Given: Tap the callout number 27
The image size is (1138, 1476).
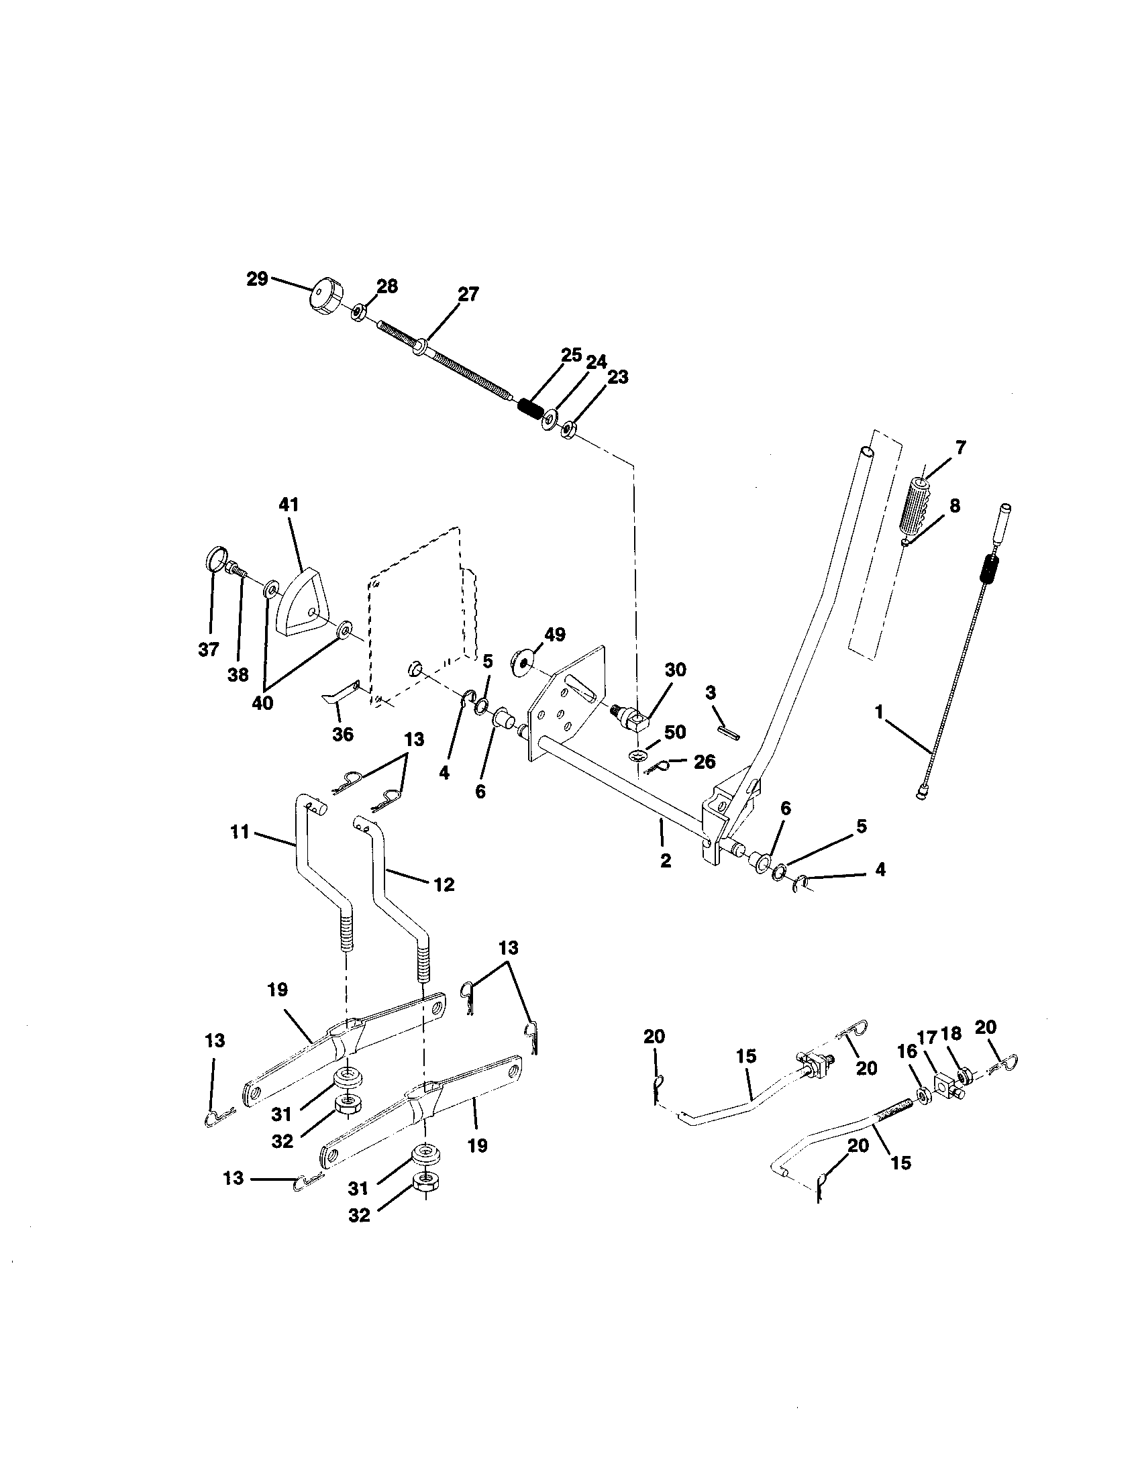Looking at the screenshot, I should click(468, 294).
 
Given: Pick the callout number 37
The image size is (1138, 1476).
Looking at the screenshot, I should click(209, 649).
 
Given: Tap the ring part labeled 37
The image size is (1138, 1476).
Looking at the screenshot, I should click(214, 560).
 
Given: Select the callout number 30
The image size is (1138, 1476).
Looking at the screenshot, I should click(675, 670).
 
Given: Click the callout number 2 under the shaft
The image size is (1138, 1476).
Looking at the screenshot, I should click(666, 861).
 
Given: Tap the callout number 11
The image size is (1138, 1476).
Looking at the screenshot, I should click(240, 832).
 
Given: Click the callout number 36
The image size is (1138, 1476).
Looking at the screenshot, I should click(344, 735).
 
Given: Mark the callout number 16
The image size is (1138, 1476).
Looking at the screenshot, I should click(908, 1051).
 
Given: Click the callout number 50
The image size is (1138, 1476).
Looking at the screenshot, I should click(675, 732).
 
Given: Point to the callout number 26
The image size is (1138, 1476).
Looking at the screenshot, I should click(705, 761).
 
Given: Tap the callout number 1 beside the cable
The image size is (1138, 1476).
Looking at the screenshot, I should click(878, 711).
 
